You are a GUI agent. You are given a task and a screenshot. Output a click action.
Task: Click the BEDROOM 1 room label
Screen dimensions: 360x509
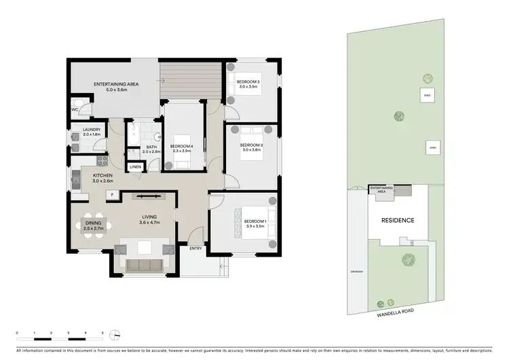(254, 221)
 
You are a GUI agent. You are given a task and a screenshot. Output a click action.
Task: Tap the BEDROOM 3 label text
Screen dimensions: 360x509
(249, 82)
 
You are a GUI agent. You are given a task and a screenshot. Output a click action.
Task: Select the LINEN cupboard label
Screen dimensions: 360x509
(135, 166)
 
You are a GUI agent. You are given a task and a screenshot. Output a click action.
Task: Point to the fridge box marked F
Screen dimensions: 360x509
(111, 195)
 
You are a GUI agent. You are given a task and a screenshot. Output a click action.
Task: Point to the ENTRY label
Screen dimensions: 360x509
(196, 249)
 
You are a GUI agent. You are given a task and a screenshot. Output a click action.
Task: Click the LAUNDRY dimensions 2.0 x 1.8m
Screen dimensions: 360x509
(92, 134)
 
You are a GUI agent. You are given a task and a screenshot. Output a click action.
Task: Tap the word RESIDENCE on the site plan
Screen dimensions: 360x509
(397, 221)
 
